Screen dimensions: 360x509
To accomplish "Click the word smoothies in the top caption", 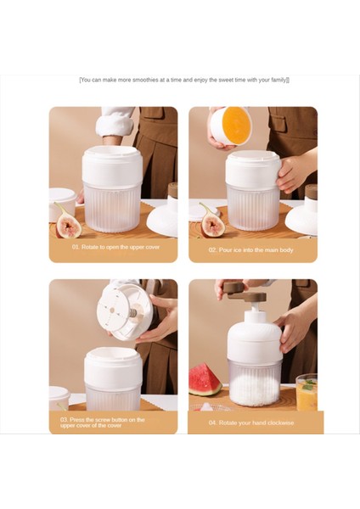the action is tap(145, 80).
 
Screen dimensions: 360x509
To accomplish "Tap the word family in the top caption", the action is tap(278, 80).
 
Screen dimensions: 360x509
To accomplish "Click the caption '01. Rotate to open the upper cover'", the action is tap(115, 247).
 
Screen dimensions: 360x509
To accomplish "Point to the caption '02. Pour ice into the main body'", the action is tap(250, 250).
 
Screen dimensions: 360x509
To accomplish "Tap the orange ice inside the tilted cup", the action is tap(237, 125).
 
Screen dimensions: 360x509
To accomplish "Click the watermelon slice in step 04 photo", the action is tap(205, 379).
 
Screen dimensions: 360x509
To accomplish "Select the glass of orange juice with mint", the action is tap(307, 392).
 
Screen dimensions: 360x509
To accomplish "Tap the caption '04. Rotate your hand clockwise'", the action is tap(251, 422).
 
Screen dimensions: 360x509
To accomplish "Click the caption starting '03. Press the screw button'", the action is tap(102, 422).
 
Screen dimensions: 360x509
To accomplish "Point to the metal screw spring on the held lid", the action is tap(133, 313).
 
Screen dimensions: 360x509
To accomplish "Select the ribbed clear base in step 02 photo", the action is tap(253, 206).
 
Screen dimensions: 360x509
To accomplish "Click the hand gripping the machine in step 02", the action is tap(293, 173).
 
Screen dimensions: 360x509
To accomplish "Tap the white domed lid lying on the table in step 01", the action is tap(163, 220).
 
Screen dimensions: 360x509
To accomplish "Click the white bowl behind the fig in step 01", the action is tap(62, 202).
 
